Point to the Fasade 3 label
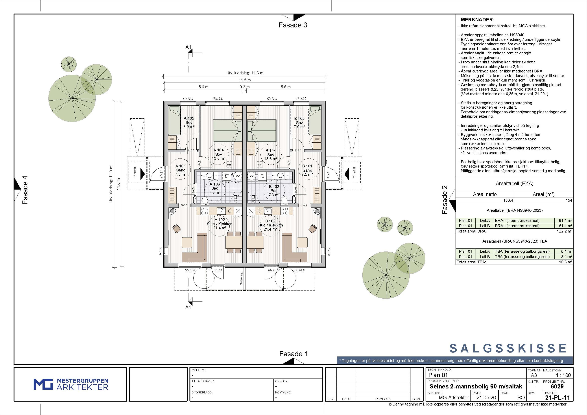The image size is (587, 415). (293, 25)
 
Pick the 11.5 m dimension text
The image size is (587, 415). (245, 80)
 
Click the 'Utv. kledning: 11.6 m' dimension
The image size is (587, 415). (245, 73)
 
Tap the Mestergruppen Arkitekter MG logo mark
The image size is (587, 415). (43, 384)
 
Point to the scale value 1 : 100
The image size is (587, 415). (563, 375)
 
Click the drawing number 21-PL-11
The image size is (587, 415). (557, 398)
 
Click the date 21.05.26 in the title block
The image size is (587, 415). (486, 398)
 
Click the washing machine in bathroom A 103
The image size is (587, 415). (238, 176)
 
